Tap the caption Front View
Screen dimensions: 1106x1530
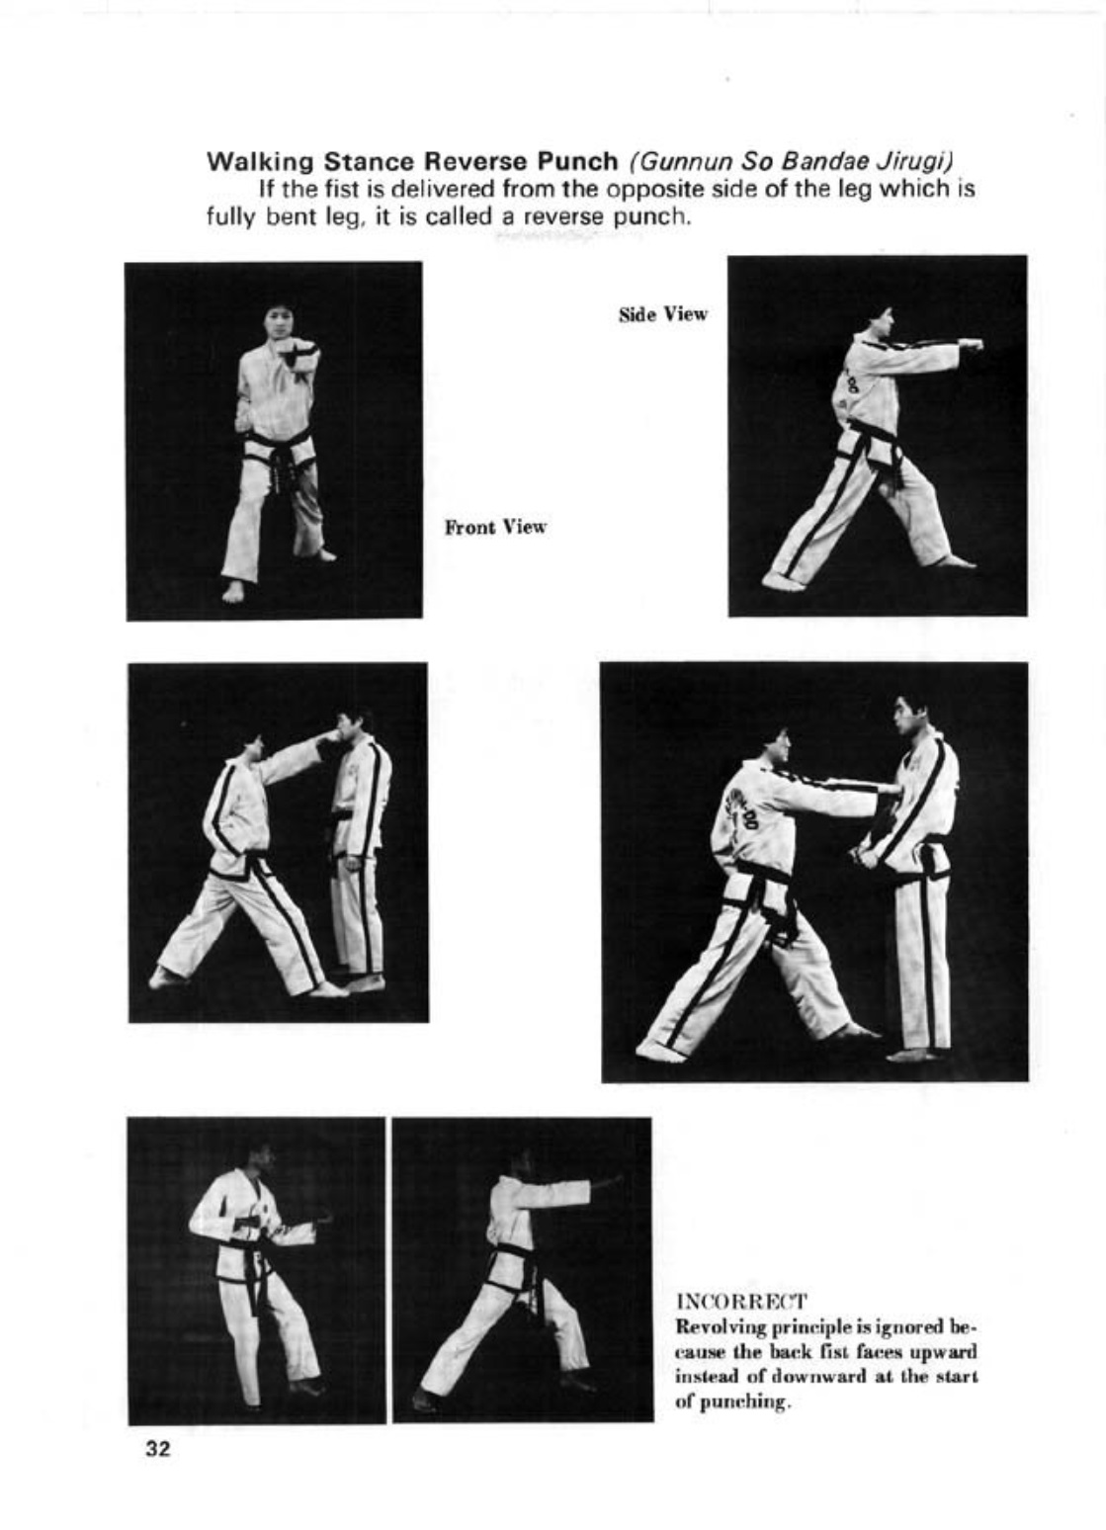click(x=495, y=527)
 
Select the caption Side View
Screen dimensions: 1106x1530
click(x=662, y=314)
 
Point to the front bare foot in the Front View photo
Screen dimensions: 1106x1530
click(x=233, y=590)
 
